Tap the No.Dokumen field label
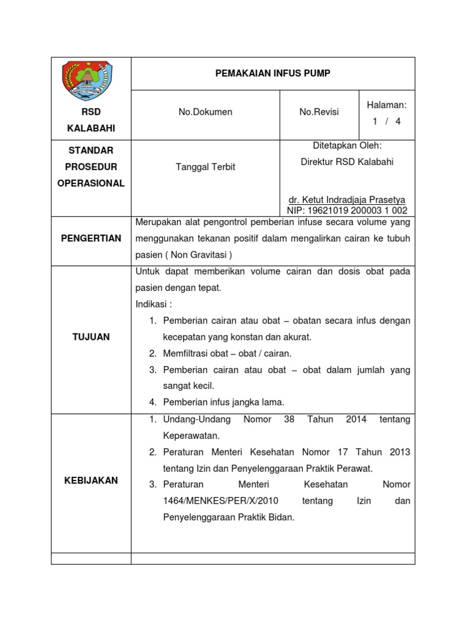(x=205, y=112)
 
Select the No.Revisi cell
(x=318, y=112)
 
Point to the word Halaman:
(x=386, y=105)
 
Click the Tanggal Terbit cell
(x=205, y=167)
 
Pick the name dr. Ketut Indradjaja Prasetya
(x=346, y=200)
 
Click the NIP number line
(x=346, y=210)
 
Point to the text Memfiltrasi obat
(x=194, y=353)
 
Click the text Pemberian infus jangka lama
(x=223, y=402)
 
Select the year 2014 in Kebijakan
(x=356, y=419)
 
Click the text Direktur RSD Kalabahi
(x=346, y=162)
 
